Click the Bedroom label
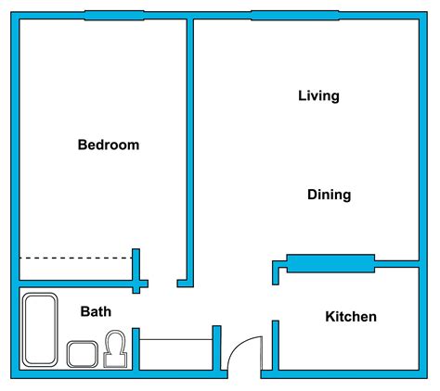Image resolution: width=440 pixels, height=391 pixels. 109,145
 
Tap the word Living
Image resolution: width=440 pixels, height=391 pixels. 318,95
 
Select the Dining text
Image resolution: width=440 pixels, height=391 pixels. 329,195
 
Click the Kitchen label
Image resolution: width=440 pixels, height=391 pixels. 350,317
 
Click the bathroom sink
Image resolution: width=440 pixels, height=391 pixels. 82,354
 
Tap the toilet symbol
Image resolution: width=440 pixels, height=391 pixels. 116,351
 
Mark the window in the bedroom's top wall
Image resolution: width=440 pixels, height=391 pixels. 113,15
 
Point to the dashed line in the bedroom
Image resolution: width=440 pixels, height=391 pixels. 74,258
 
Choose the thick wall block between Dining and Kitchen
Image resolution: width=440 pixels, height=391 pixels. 330,263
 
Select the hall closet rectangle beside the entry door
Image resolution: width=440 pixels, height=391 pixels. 175,354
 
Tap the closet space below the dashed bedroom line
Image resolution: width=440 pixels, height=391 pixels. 74,269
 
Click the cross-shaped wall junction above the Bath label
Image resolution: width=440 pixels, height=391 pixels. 137,280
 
